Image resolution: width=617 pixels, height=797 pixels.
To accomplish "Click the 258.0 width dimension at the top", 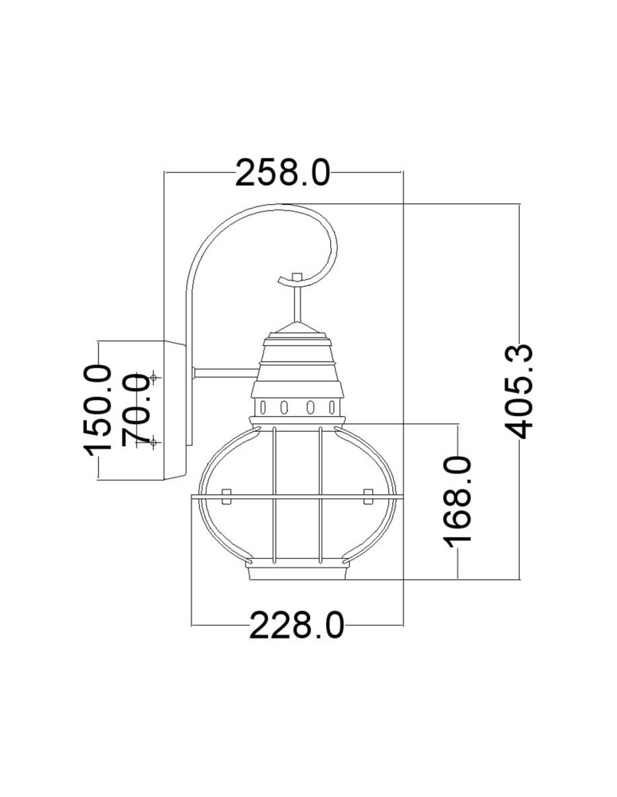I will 282,172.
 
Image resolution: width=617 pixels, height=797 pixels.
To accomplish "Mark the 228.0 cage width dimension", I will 297,626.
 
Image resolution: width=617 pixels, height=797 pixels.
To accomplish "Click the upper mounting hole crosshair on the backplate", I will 154,376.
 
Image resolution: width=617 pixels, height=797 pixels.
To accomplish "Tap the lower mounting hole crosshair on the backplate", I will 154,442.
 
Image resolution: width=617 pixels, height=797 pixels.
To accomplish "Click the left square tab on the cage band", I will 227,497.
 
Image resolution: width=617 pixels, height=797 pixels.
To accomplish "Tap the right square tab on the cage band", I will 367,497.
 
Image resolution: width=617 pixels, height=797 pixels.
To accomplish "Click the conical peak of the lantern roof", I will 297,327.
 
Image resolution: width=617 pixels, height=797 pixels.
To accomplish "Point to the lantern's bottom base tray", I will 297,572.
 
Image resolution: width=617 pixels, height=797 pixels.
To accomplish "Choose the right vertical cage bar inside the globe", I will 320,494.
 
